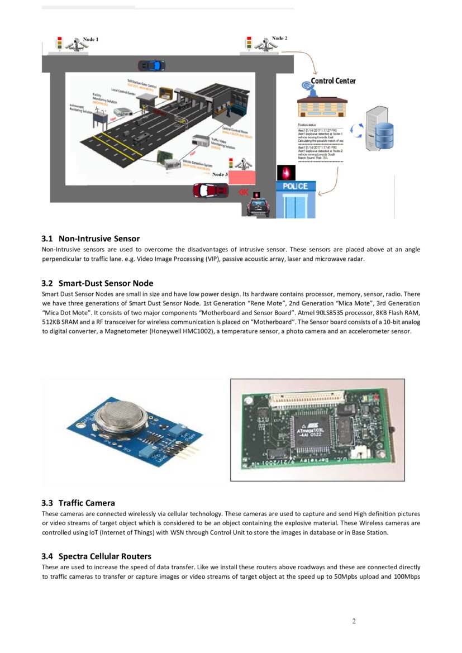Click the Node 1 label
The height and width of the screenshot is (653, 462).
(x=91, y=40)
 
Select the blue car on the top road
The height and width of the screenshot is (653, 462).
(x=151, y=65)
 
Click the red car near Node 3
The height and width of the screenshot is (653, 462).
(x=211, y=191)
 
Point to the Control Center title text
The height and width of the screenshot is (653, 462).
(x=333, y=81)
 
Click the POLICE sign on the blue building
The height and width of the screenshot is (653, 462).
(x=296, y=186)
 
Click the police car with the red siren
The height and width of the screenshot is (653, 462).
(x=258, y=207)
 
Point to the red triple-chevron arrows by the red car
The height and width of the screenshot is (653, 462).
(x=244, y=191)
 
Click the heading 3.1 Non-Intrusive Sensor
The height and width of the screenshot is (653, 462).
(x=91, y=239)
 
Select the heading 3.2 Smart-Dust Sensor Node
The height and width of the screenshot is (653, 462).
(x=97, y=283)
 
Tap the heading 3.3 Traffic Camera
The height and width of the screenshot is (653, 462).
(x=78, y=503)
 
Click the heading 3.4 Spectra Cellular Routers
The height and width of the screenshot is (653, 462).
(x=96, y=556)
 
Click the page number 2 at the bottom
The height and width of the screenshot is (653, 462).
(x=354, y=621)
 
